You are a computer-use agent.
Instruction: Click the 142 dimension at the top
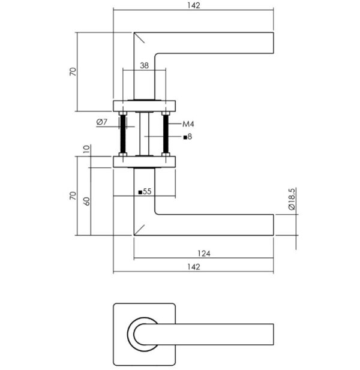point(194,5)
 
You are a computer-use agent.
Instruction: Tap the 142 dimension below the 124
point(194,267)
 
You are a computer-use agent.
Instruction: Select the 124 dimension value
point(204,254)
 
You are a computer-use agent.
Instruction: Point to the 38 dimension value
point(144,65)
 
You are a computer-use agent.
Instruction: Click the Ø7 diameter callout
point(102,122)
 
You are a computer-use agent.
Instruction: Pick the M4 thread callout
point(188,124)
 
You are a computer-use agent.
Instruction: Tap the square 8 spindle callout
point(188,137)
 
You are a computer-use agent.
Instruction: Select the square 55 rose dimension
point(145,191)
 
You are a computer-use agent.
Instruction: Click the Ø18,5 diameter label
point(292,198)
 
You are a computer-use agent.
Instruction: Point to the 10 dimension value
point(86,149)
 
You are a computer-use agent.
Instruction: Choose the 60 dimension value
point(86,201)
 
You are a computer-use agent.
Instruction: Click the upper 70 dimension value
point(73,71)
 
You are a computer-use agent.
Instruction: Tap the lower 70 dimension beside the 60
point(73,196)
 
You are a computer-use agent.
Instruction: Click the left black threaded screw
point(123,134)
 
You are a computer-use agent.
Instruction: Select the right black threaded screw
point(166,134)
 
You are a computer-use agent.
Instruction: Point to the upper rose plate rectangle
point(144,106)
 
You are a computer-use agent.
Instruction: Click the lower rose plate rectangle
point(144,162)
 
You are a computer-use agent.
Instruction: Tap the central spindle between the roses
point(144,134)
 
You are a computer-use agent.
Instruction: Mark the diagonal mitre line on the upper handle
point(139,38)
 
